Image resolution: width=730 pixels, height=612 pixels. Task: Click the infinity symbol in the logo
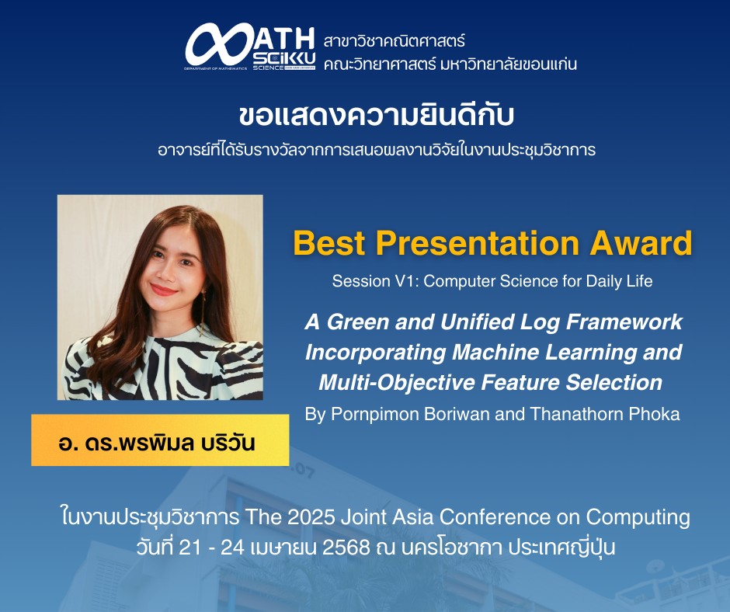(218, 45)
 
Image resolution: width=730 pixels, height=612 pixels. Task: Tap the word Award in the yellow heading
(641, 243)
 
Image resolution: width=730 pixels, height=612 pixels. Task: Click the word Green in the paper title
(357, 322)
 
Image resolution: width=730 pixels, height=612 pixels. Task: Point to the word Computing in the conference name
(638, 518)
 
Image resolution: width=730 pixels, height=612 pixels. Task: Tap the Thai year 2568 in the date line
(346, 548)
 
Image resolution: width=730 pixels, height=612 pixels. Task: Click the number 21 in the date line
(189, 548)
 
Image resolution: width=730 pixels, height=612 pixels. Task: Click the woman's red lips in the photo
(163, 290)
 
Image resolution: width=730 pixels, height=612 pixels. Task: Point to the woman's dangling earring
(203, 311)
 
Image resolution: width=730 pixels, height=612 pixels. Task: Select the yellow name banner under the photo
(160, 440)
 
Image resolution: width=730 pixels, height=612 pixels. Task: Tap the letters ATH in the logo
(284, 38)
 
